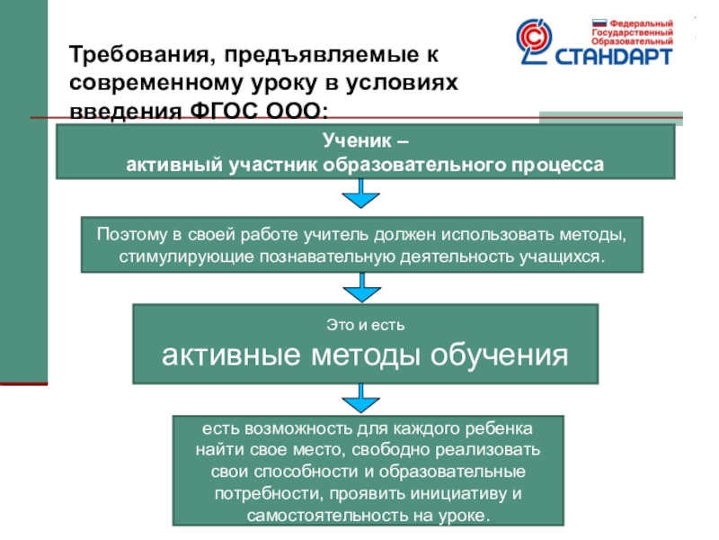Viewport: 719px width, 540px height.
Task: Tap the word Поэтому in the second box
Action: tap(131, 235)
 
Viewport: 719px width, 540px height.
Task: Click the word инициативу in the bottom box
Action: tap(463, 494)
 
